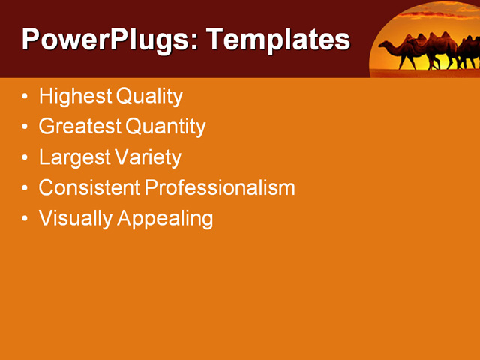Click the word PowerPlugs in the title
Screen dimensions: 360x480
[105, 40]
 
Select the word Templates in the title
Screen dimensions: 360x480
[278, 40]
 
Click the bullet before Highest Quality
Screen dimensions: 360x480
[26, 97]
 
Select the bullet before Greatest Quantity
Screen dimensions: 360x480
[26, 127]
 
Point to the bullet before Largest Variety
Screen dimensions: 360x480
[26, 158]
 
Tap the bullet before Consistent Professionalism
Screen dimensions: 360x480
[26, 188]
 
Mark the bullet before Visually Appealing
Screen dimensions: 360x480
[26, 219]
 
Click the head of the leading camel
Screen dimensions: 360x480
[393, 46]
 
